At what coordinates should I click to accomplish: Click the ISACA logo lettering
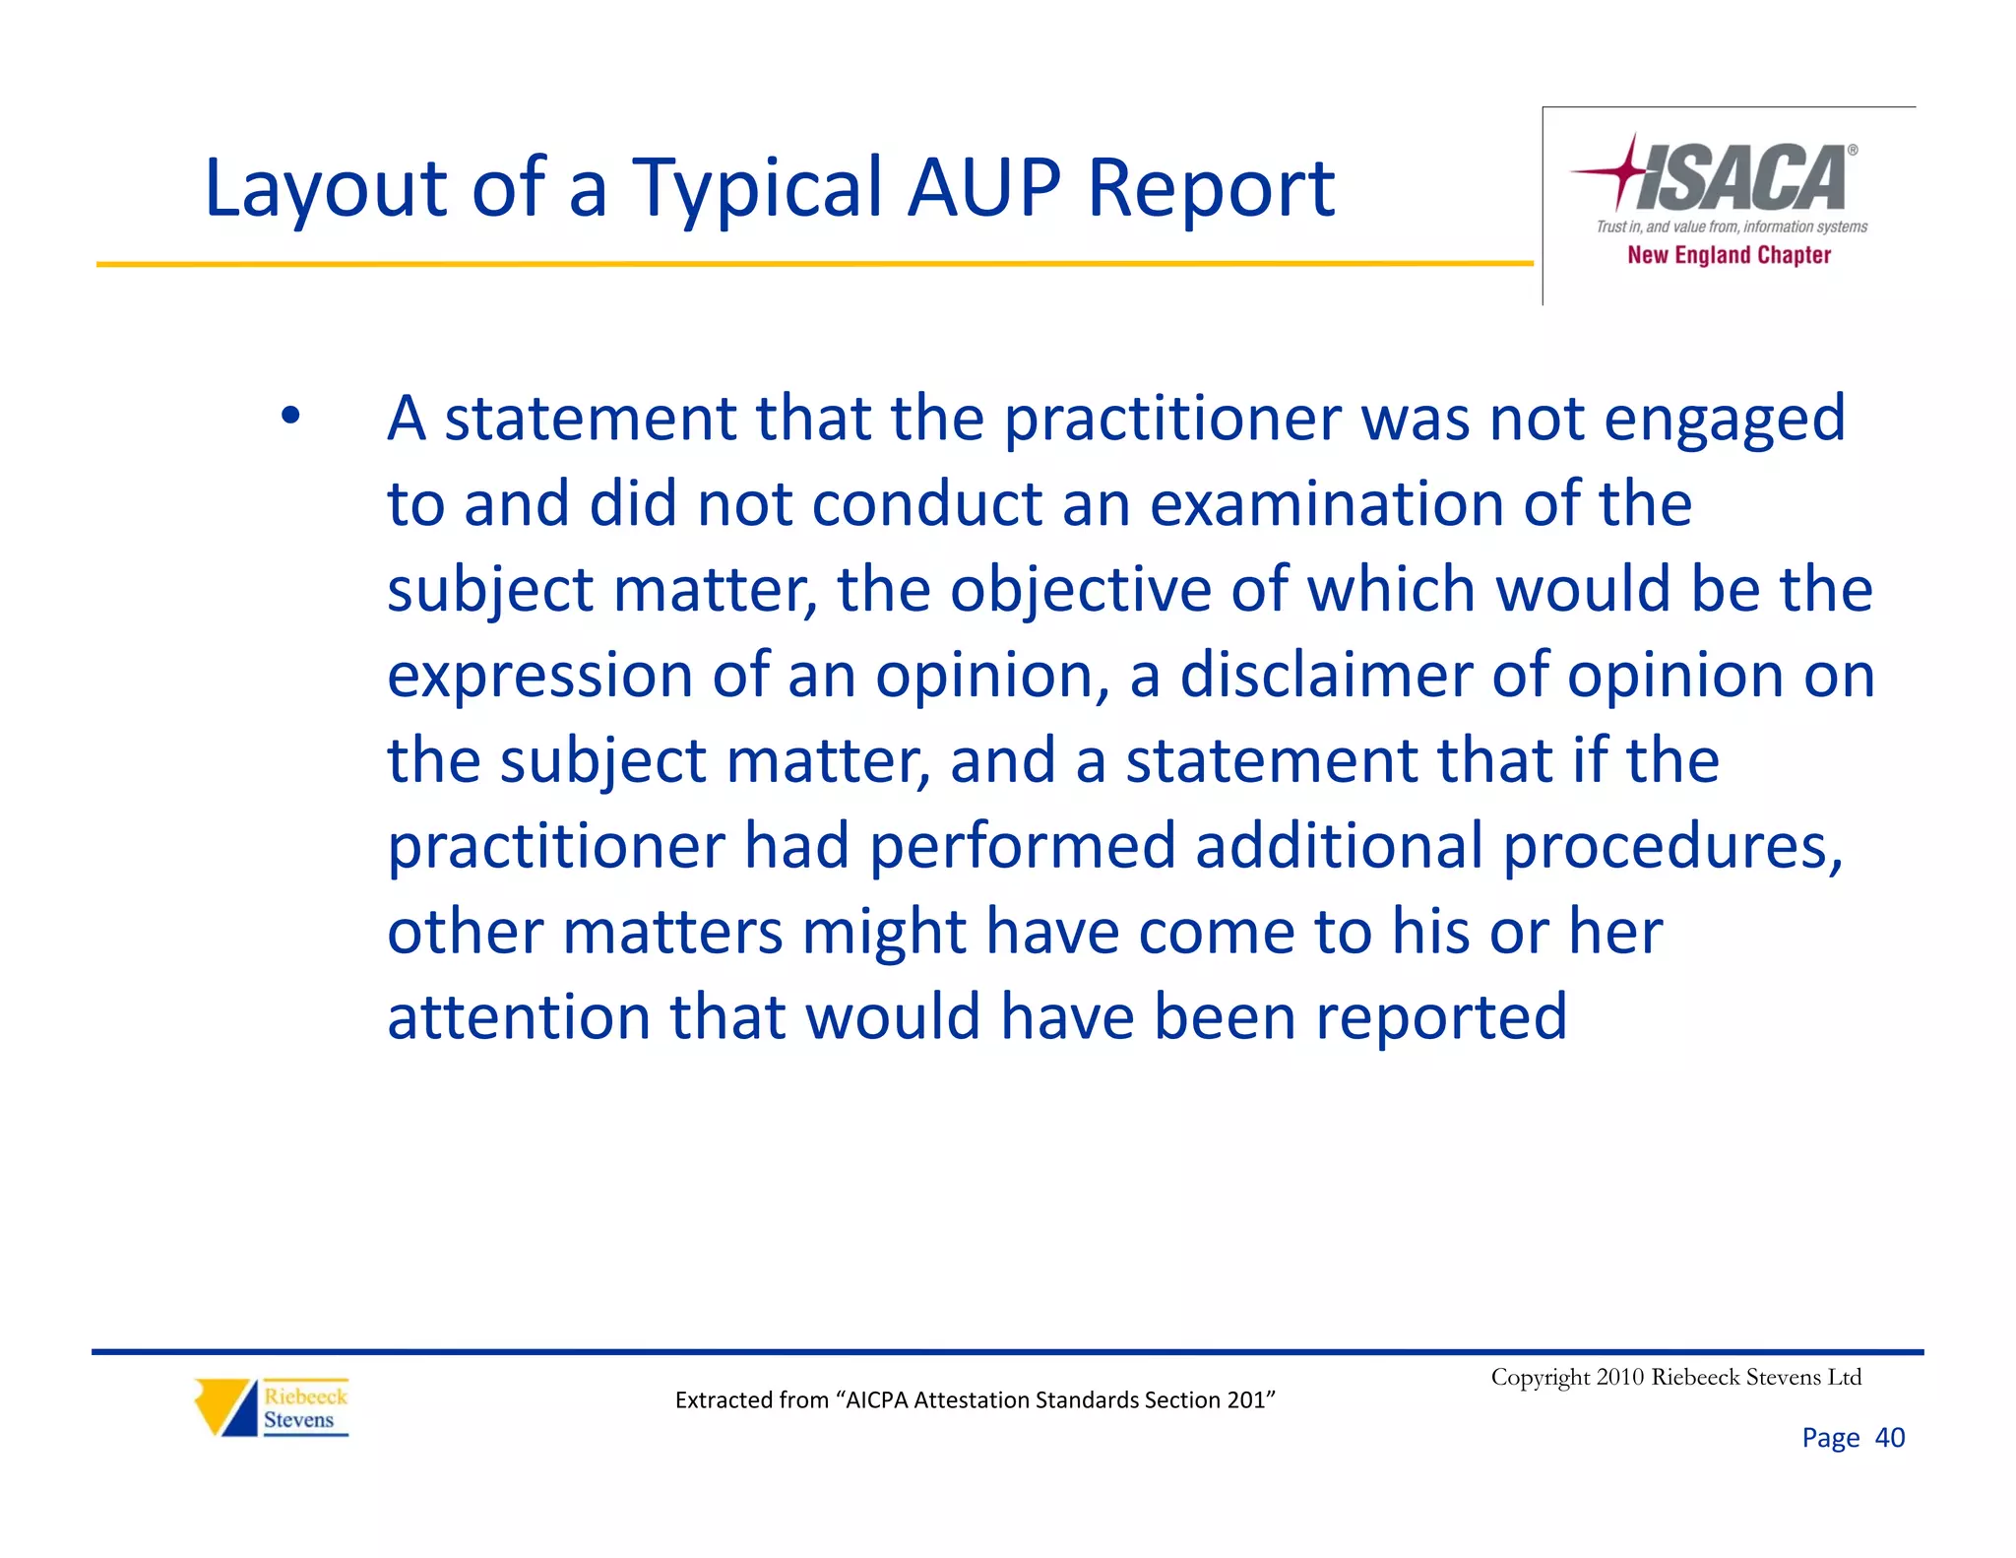1742,178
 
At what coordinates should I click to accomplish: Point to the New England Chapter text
1729,255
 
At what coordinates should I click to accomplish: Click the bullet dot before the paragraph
289,416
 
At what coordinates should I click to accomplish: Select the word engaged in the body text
1724,420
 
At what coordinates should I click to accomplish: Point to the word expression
539,678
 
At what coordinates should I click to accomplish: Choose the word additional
1338,846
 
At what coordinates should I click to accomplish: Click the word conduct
925,504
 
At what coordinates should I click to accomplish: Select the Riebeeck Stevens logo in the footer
272,1407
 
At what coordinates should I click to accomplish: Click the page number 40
1889,1438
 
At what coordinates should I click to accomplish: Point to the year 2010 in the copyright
1619,1377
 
